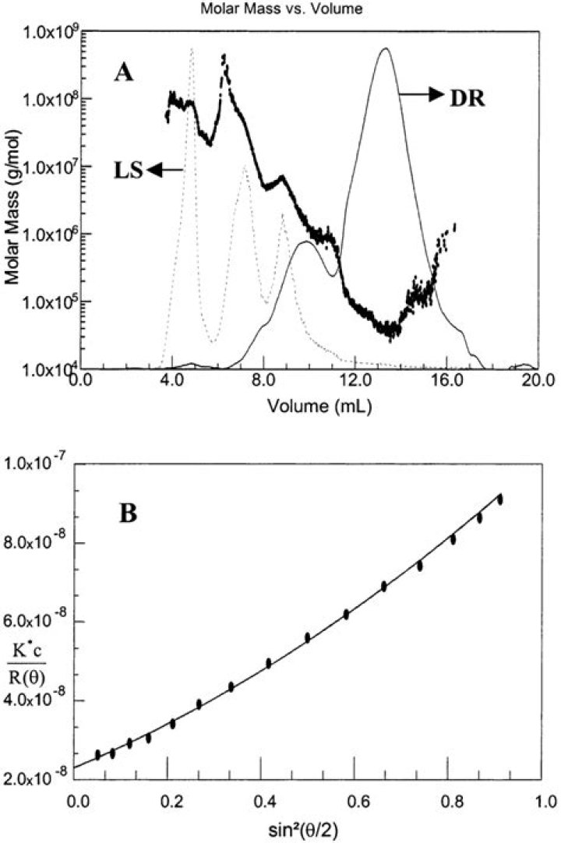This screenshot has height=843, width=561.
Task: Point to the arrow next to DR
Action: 422,93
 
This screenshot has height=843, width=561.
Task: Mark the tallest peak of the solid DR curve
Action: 385,49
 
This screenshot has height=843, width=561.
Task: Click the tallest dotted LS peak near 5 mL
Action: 192,49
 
